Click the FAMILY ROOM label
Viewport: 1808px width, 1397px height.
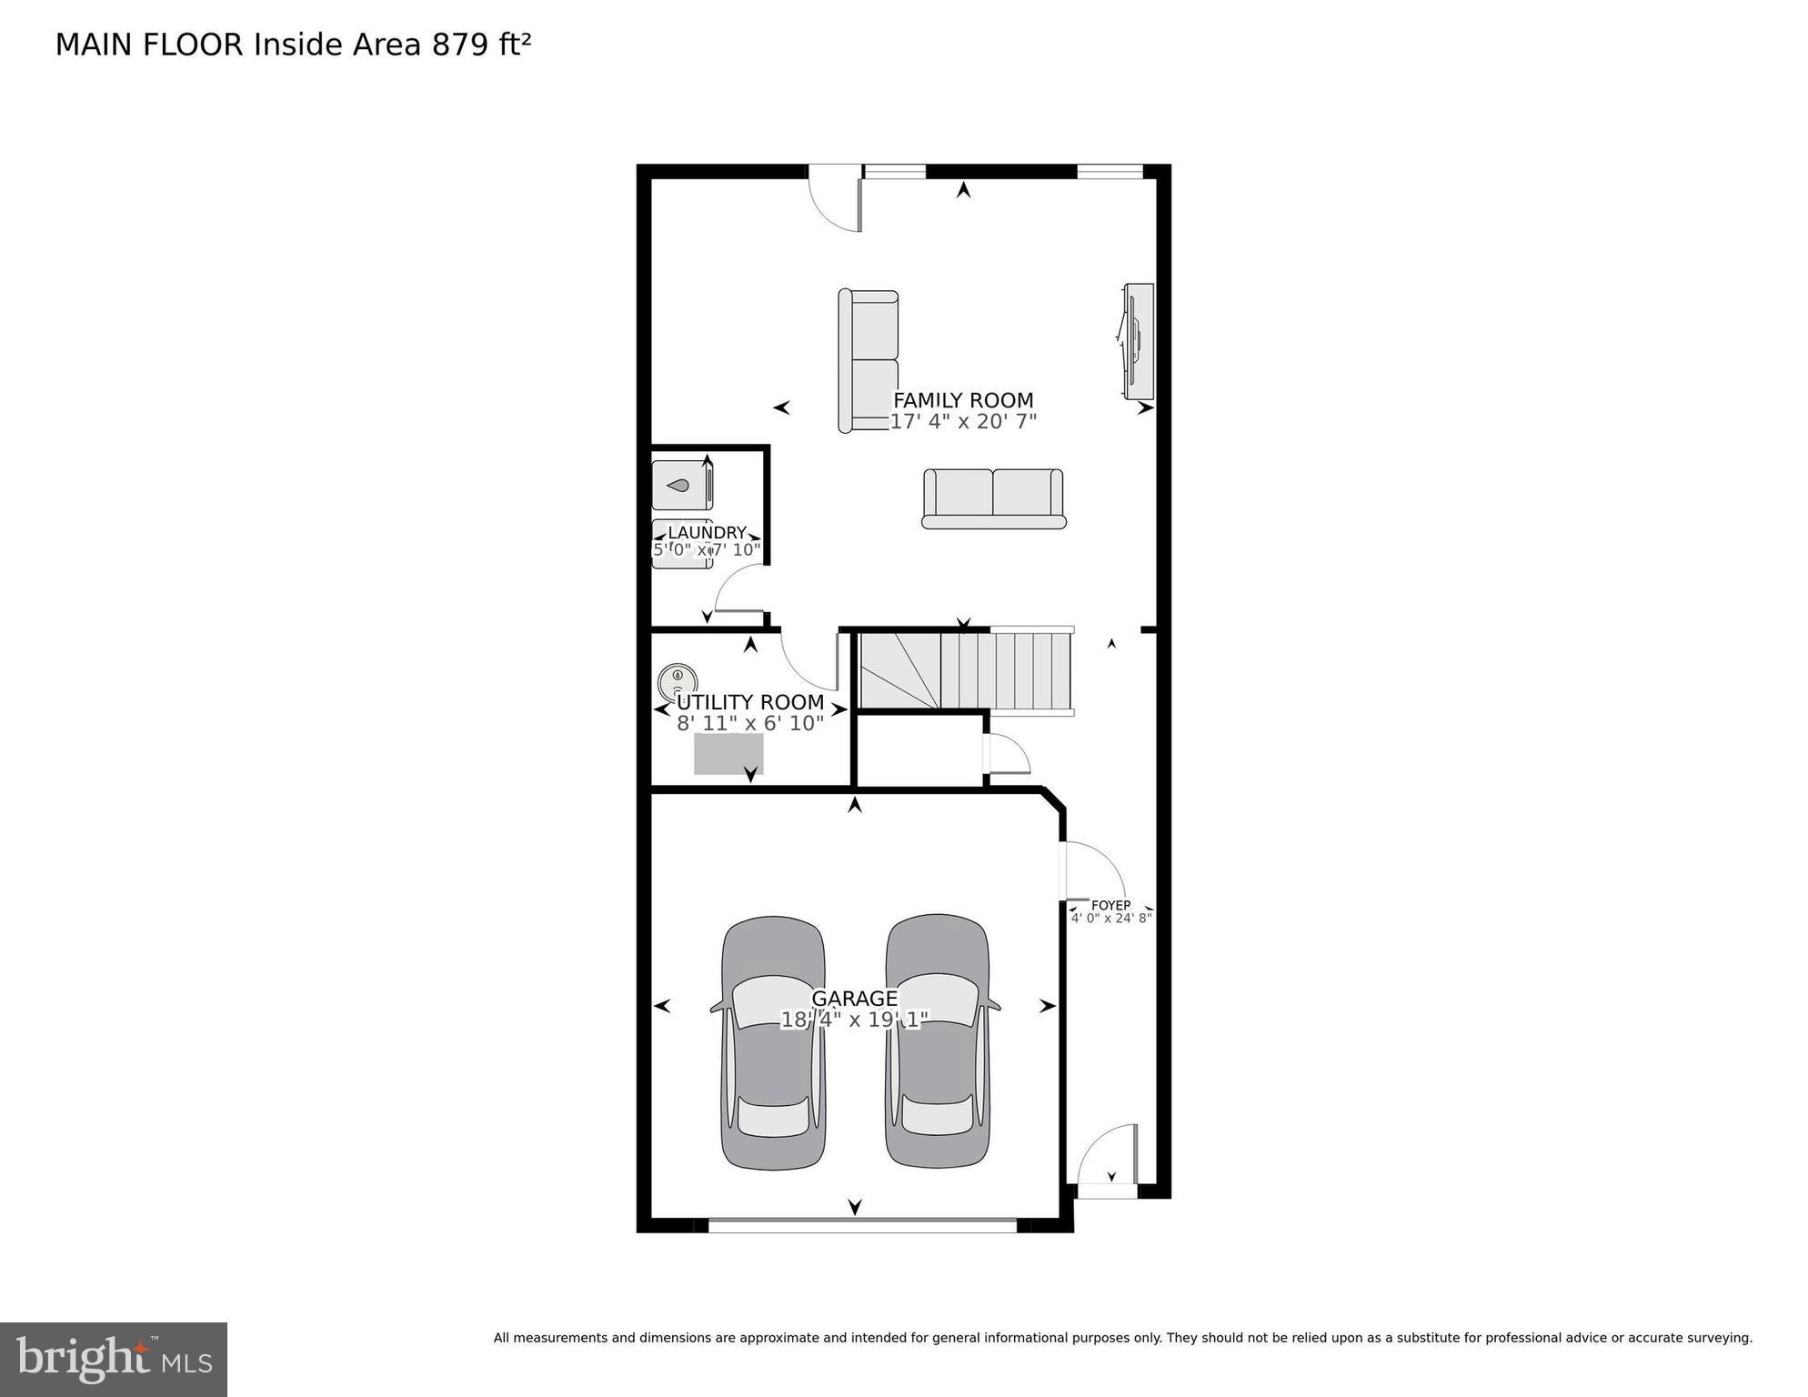pyautogui.click(x=963, y=400)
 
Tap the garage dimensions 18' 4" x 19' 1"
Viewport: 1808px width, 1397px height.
pyautogui.click(x=854, y=1020)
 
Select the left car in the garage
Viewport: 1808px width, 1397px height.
pyautogui.click(x=773, y=1042)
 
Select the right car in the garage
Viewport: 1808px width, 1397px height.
pyautogui.click(x=938, y=1042)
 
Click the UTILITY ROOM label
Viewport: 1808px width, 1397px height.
pyautogui.click(x=750, y=702)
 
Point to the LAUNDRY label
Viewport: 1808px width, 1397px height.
pyautogui.click(x=707, y=533)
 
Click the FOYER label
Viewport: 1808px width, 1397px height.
pyautogui.click(x=1110, y=905)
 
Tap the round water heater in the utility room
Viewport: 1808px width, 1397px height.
pyautogui.click(x=678, y=679)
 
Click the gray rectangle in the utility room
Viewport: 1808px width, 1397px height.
pyautogui.click(x=728, y=754)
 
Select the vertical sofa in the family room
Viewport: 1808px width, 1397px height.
pyautogui.click(x=869, y=361)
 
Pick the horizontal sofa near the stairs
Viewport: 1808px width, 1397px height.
pyautogui.click(x=993, y=497)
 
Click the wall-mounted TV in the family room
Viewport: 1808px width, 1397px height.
pyautogui.click(x=1137, y=341)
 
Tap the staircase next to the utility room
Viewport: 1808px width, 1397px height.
pyautogui.click(x=967, y=671)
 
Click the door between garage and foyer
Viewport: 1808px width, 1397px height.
pyautogui.click(x=1093, y=871)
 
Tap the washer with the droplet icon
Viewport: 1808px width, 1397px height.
pyautogui.click(x=682, y=486)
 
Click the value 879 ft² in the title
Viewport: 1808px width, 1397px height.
pyautogui.click(x=481, y=45)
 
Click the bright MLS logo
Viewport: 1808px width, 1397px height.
pyautogui.click(x=114, y=1359)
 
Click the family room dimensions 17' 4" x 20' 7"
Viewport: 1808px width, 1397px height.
pyautogui.click(x=963, y=421)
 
